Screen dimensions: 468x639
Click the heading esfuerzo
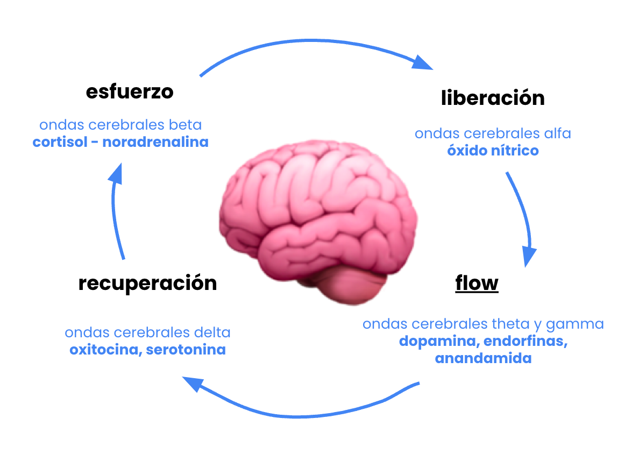(x=130, y=92)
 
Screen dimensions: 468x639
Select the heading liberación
(x=493, y=98)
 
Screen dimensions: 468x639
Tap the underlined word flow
(x=477, y=283)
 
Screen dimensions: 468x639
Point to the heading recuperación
(x=147, y=283)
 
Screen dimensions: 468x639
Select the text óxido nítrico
(x=493, y=151)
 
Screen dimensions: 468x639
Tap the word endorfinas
(x=522, y=342)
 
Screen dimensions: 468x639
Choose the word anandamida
(x=483, y=358)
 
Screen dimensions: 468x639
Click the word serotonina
(x=186, y=350)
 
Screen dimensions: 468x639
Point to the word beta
(x=186, y=125)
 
